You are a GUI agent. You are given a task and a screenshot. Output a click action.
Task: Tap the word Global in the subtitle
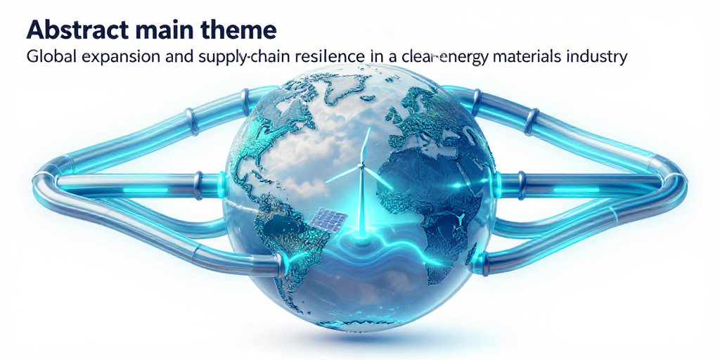pyautogui.click(x=47, y=58)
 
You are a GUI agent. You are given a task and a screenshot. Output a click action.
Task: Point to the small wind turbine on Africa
pyautogui.click(x=460, y=219)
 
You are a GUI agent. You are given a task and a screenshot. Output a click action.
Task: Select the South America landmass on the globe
pyautogui.click(x=281, y=225)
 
